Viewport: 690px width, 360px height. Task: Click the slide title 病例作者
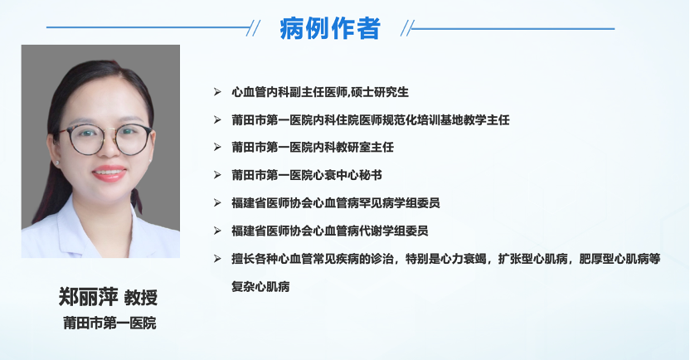pos(329,28)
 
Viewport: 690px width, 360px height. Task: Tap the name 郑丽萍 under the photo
pos(88,297)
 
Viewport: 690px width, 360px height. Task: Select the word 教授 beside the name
pos(140,298)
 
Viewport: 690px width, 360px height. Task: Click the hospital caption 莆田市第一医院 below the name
pos(109,323)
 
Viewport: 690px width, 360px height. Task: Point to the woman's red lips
pos(109,173)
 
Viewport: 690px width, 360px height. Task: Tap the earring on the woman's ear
pos(57,163)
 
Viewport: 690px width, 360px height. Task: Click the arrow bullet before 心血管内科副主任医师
pos(217,91)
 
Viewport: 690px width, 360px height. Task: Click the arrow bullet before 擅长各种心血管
pos(217,258)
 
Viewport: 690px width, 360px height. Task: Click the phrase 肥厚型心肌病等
pos(620,259)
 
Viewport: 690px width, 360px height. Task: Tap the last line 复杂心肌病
pos(260,286)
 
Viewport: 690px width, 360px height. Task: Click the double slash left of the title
pos(253,28)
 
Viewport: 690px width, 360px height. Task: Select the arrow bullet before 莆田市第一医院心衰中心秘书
pos(217,175)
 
